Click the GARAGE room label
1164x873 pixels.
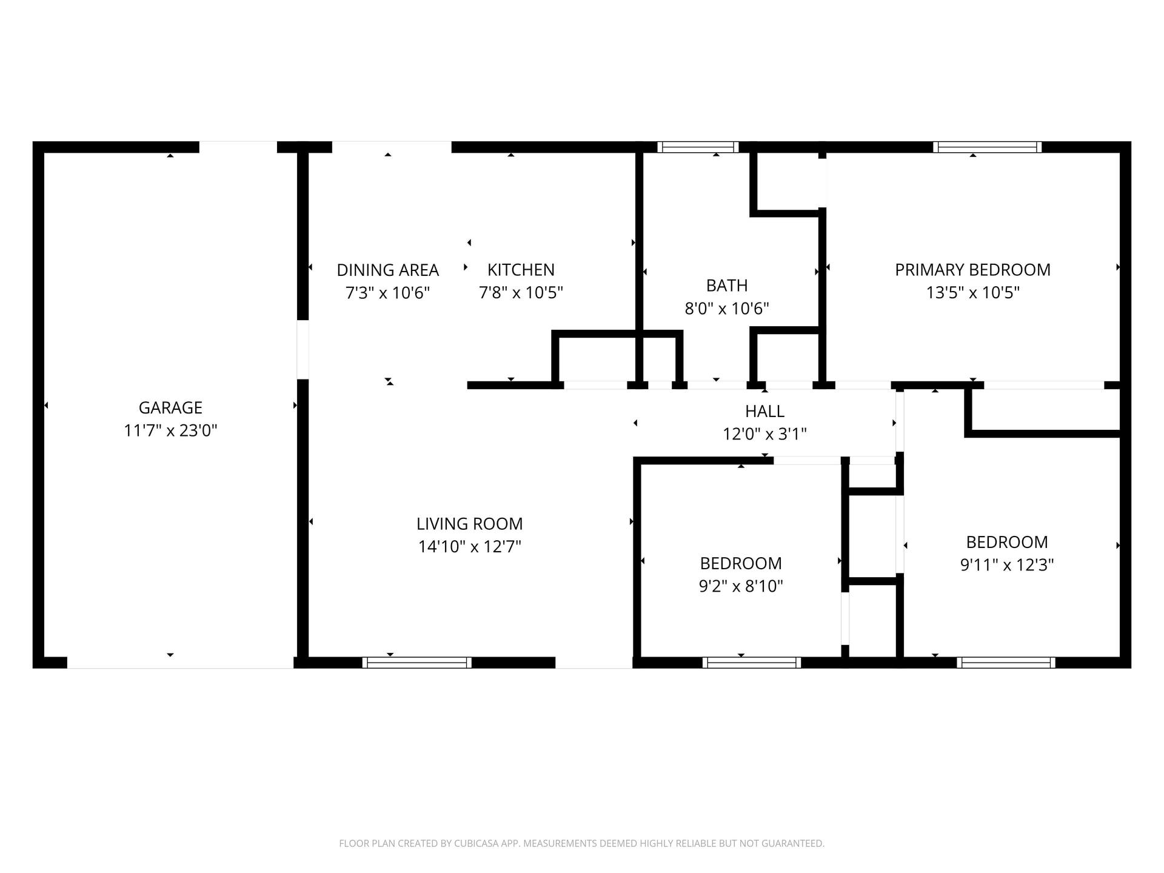[x=170, y=407]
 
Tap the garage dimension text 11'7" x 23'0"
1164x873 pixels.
[x=170, y=430]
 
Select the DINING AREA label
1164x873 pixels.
[x=387, y=270]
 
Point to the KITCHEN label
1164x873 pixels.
[x=521, y=270]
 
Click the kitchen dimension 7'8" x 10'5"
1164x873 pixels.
[x=521, y=293]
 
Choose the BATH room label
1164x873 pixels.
[x=727, y=286]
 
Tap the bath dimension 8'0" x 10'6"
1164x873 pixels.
[x=727, y=309]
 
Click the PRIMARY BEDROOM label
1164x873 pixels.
[x=972, y=270]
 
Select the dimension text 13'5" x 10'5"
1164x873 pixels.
[x=972, y=293]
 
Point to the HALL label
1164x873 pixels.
[x=764, y=411]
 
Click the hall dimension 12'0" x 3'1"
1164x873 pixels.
[x=764, y=434]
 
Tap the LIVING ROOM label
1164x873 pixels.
[x=469, y=524]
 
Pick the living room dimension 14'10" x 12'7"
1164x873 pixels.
[x=469, y=547]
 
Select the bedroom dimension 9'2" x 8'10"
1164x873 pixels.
[x=741, y=586]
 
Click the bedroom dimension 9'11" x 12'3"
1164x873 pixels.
[x=1007, y=565]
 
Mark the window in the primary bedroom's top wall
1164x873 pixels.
[x=988, y=147]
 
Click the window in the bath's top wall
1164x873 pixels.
[x=698, y=147]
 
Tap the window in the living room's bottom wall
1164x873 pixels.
[x=417, y=663]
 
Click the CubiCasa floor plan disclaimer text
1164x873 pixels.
[x=582, y=843]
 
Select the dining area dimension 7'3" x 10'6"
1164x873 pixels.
[x=387, y=293]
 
